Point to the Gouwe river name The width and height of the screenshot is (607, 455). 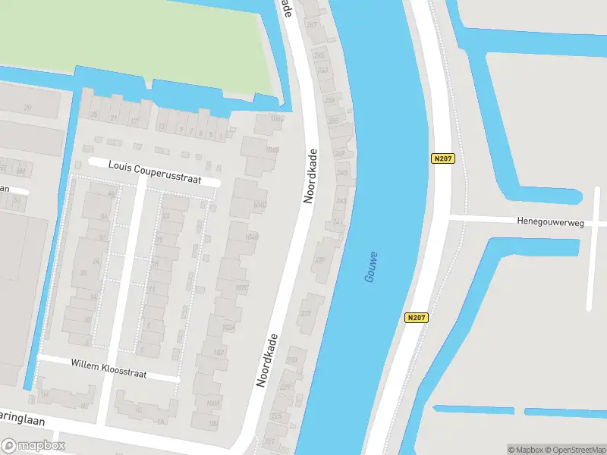[371, 268]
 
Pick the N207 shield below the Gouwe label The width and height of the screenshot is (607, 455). [415, 318]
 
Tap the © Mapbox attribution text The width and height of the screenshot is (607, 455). [527, 450]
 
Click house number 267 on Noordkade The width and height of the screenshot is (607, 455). [312, 24]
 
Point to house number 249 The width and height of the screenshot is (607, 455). [340, 154]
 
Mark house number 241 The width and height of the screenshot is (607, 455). [337, 221]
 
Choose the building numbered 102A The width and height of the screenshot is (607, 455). [227, 327]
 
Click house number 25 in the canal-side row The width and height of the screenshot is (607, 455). [95, 115]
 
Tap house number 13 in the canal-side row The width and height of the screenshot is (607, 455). [162, 126]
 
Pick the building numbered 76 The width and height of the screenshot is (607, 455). [27, 108]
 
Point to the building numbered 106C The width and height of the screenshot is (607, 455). [277, 118]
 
